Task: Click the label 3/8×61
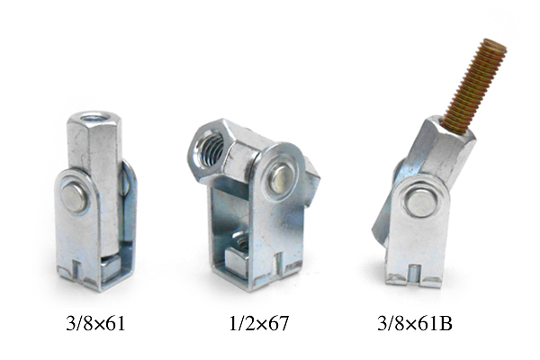click(x=95, y=323)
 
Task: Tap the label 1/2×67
click(x=259, y=323)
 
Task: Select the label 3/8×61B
click(x=415, y=323)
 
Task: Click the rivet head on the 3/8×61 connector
click(x=74, y=198)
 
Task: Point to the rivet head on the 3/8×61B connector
click(x=420, y=202)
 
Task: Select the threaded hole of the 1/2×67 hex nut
click(x=211, y=147)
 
